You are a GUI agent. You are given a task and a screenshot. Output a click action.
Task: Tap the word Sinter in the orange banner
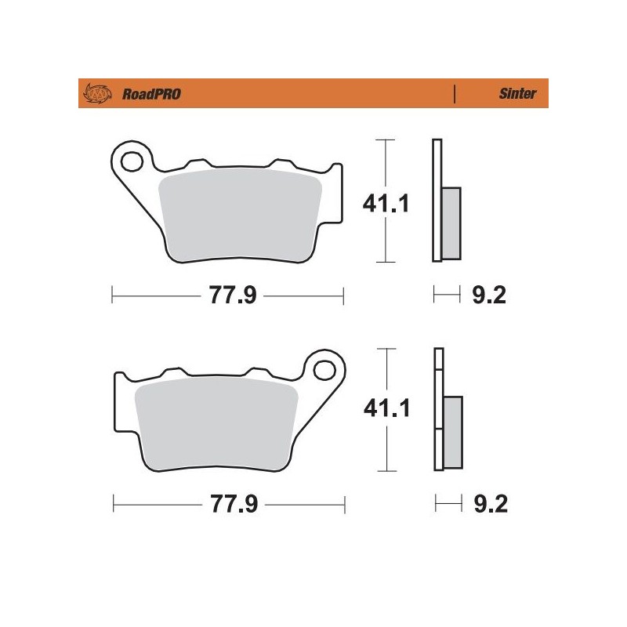(517, 94)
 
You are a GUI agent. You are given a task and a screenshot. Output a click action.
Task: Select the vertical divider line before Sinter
(455, 94)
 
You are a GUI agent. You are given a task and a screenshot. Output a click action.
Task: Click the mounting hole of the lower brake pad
(324, 366)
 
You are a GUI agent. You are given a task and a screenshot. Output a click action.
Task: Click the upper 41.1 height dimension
(385, 205)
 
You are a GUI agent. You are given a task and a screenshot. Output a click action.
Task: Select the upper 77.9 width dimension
(228, 295)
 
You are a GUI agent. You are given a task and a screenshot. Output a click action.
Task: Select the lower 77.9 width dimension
(228, 502)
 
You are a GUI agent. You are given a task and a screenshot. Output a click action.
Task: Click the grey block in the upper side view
(451, 223)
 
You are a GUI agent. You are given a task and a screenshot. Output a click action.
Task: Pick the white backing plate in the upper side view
(437, 200)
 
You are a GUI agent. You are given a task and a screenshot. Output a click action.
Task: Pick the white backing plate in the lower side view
(437, 411)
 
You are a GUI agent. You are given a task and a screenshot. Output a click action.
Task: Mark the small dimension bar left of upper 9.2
(447, 295)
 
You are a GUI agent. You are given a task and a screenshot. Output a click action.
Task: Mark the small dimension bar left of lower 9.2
(447, 502)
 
